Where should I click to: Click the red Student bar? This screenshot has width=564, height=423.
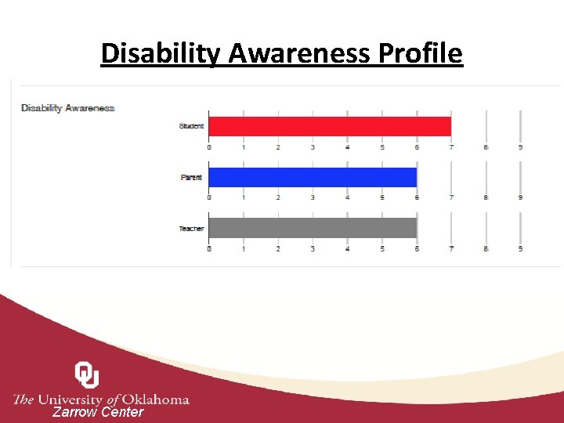tap(330, 126)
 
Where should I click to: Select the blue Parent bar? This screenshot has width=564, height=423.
tap(313, 177)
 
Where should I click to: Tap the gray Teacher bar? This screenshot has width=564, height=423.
tap(313, 228)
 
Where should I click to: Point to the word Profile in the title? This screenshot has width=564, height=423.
tap(421, 53)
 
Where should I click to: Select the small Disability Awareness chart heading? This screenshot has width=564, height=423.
tap(68, 108)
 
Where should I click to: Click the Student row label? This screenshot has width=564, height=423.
tap(191, 126)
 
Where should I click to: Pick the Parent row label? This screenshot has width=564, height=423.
tap(191, 178)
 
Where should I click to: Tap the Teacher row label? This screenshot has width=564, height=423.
tap(191, 229)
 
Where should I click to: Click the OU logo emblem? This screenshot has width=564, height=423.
tap(87, 374)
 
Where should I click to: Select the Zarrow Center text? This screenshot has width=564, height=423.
tap(98, 412)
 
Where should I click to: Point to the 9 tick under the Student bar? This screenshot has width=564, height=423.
tap(520, 147)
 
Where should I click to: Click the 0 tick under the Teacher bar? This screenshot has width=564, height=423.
tap(209, 249)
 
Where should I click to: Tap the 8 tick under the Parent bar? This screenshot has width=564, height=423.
tap(486, 198)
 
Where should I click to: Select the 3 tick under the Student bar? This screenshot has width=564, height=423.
tap(313, 147)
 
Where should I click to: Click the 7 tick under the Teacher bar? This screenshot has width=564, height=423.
tap(451, 249)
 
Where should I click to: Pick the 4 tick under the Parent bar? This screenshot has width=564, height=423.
tap(347, 198)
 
